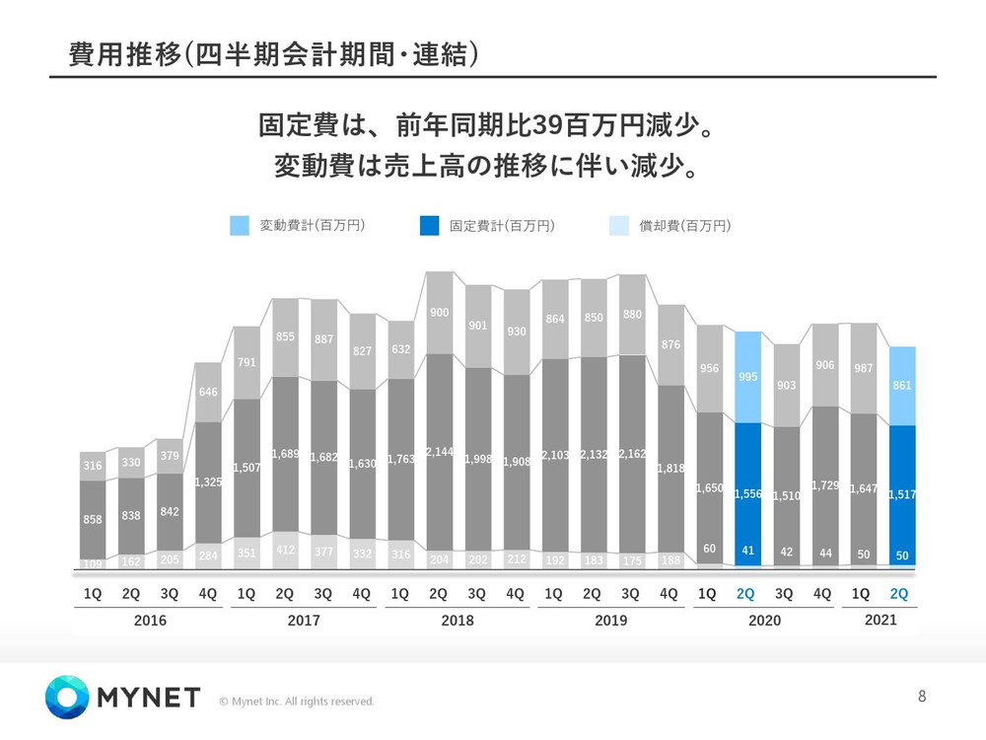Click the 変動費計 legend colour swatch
point(240,226)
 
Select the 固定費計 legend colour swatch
point(429,226)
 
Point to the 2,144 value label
point(438,452)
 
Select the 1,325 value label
point(208,482)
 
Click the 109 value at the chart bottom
point(93,563)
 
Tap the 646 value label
point(207,393)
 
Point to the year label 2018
point(458,621)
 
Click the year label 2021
point(881,620)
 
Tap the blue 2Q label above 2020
point(745,594)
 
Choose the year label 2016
point(150,621)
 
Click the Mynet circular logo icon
point(67,698)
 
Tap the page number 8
point(922,697)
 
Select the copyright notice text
point(297,702)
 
